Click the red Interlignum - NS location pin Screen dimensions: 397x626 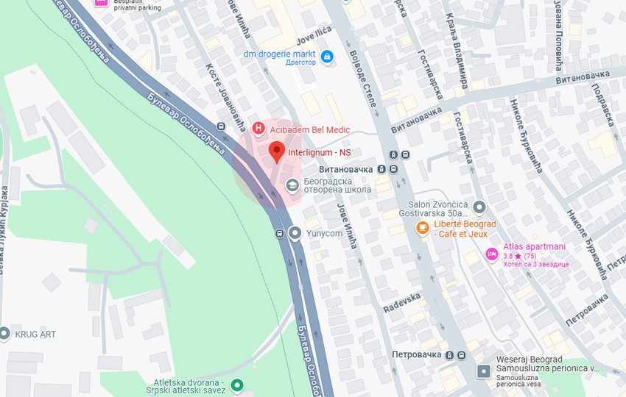[276, 152]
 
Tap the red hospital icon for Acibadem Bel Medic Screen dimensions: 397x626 [258, 129]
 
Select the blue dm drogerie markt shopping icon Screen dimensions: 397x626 [327, 55]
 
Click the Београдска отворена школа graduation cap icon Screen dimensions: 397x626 [292, 184]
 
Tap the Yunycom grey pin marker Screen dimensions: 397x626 [295, 234]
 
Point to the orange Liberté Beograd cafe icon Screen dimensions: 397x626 [422, 228]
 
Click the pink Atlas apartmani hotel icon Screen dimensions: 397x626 [491, 254]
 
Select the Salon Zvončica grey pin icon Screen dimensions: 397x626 [479, 207]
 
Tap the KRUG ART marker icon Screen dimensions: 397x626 [4, 334]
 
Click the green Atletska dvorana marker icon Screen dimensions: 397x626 [236, 385]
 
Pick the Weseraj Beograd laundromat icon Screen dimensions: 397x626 [483, 371]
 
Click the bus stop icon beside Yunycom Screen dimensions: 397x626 [280, 234]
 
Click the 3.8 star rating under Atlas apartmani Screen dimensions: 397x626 [519, 256]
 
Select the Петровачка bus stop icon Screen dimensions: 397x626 [460, 354]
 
